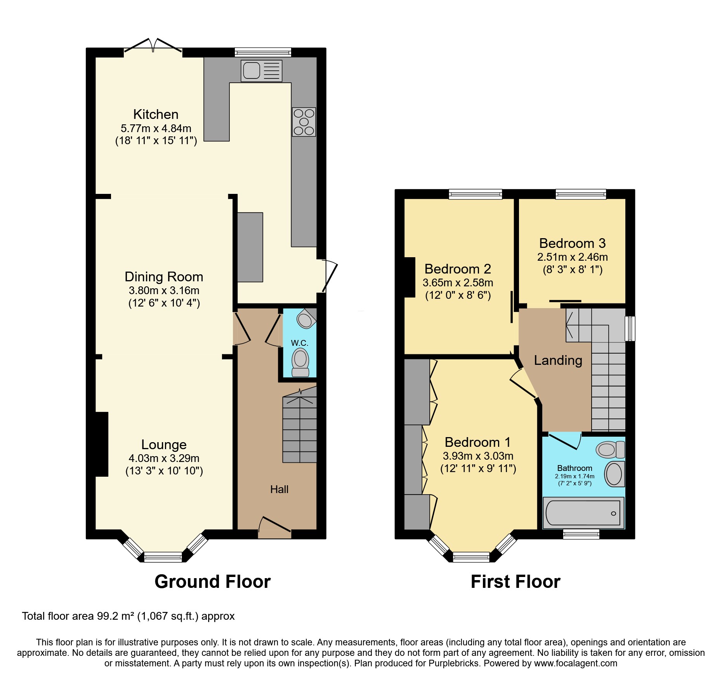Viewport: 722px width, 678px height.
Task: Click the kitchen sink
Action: [261, 71]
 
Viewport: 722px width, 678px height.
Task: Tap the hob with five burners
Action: [304, 122]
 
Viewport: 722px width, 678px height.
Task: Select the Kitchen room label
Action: [156, 114]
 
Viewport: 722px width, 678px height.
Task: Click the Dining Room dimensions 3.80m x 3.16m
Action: [164, 290]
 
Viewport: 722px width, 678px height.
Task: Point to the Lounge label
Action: [164, 444]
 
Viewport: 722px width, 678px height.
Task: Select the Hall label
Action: [279, 489]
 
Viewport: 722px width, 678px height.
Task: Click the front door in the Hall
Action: [274, 525]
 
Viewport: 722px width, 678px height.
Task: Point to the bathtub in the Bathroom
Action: [583, 513]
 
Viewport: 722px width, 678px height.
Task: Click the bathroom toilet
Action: [610, 450]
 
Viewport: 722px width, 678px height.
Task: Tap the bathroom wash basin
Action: [614, 474]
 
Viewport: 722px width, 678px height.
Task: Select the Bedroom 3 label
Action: [572, 243]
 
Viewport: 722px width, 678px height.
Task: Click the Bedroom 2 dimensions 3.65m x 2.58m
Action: [458, 282]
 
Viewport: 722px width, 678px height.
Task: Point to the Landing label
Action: [558, 360]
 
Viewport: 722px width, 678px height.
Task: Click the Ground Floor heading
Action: [212, 582]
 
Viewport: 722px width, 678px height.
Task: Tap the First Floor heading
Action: [515, 582]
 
